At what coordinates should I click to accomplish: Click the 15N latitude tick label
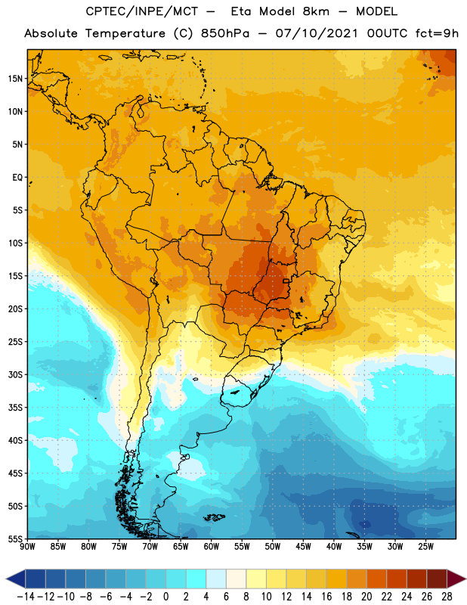[x=15, y=79]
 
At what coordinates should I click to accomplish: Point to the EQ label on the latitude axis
[x=17, y=178]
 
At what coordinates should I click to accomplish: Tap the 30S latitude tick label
[x=15, y=374]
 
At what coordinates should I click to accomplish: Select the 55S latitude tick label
[x=15, y=538]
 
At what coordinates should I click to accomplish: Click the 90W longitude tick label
[x=27, y=546]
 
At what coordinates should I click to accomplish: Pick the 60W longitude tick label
[x=212, y=546]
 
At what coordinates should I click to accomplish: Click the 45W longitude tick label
[x=303, y=546]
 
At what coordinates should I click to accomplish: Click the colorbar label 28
[x=447, y=597]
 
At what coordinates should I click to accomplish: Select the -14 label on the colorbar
[x=26, y=597]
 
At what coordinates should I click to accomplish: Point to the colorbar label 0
[x=165, y=597]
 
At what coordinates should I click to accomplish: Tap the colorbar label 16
[x=326, y=597]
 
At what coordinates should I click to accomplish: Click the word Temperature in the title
[x=125, y=33]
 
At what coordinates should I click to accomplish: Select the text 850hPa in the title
[x=225, y=33]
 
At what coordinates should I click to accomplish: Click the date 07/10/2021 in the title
[x=317, y=33]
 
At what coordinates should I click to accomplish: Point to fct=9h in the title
[x=437, y=33]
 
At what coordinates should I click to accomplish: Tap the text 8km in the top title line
[x=316, y=11]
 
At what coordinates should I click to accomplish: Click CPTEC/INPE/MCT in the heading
[x=141, y=11]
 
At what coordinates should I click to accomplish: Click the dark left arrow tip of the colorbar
[x=7, y=579]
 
